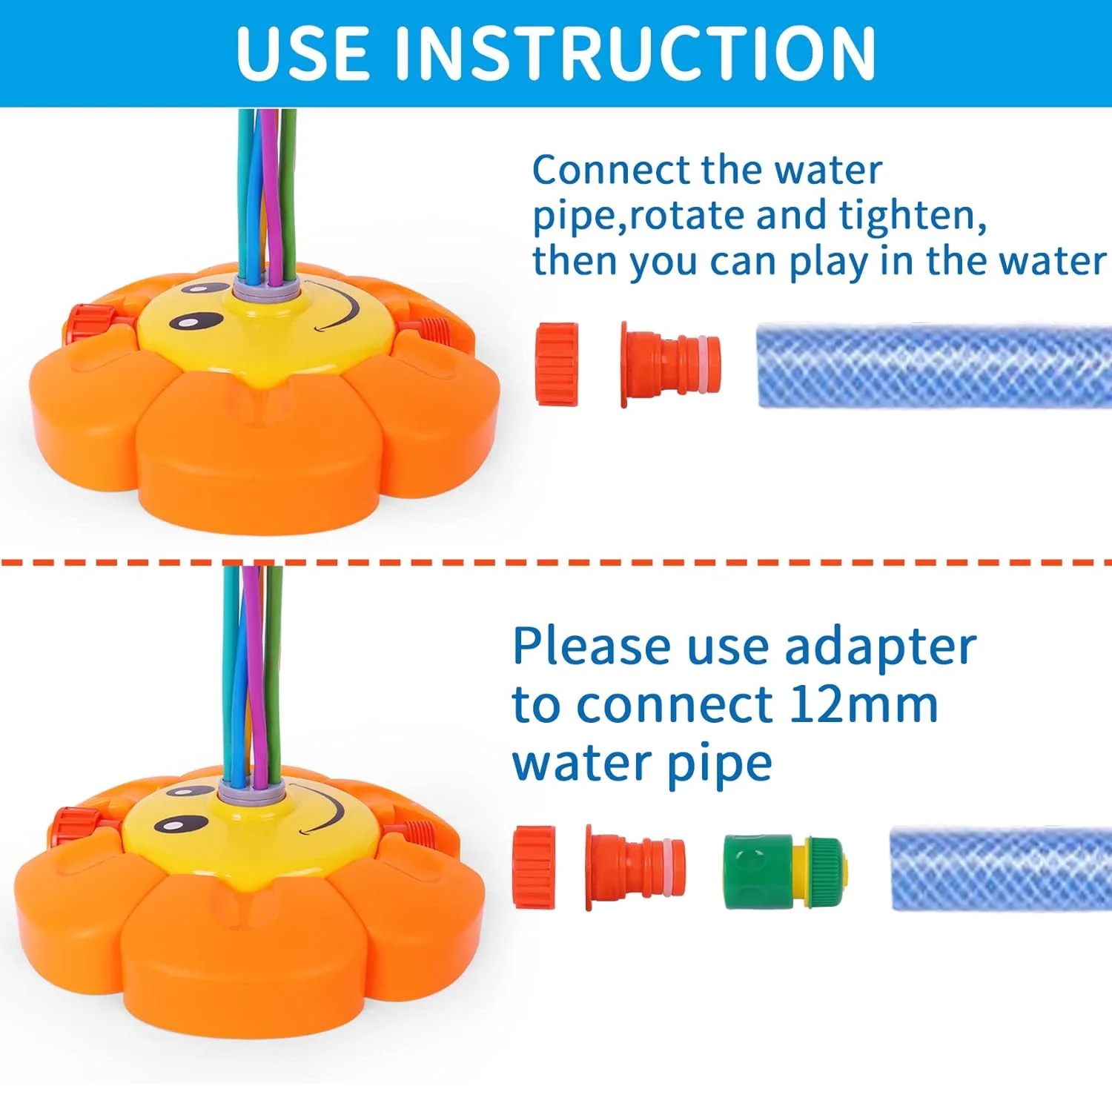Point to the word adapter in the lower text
880,648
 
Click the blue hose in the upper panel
933,365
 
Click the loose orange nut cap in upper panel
557,363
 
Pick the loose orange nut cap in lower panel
534,867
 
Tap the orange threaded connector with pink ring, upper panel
669,363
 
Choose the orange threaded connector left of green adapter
635,867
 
